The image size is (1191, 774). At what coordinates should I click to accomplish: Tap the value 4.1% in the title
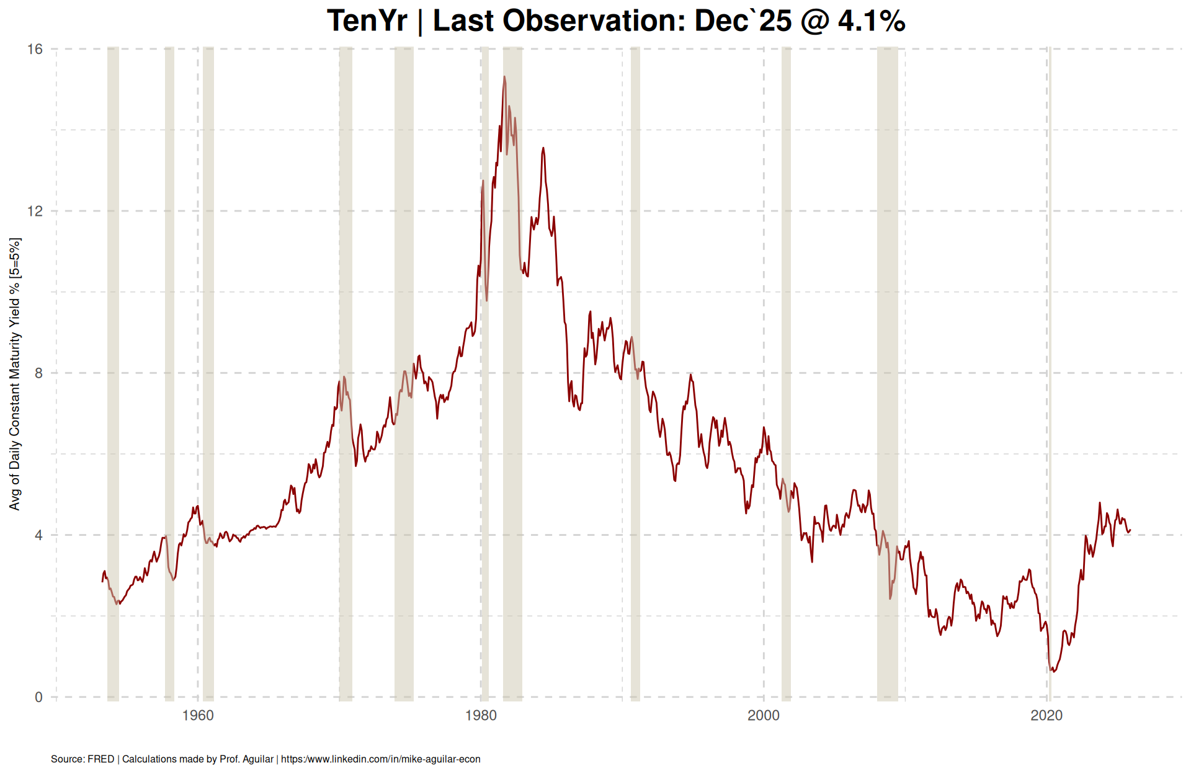(x=872, y=21)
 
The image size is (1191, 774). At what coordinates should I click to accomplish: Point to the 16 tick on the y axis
(x=35, y=49)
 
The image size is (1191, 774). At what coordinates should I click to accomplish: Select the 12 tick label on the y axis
(x=35, y=211)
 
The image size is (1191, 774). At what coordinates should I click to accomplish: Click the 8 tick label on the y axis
(x=39, y=373)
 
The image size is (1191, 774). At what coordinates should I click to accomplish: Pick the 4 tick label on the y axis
(x=39, y=535)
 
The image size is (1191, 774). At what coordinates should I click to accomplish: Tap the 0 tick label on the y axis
(x=39, y=697)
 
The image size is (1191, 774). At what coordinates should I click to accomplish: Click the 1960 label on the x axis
(x=198, y=716)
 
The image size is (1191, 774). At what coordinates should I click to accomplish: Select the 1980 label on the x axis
(x=481, y=716)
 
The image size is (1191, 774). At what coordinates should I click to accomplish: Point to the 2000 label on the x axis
(x=764, y=716)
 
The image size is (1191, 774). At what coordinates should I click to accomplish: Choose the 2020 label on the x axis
(x=1046, y=716)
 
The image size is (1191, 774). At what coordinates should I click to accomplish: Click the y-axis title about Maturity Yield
(x=15, y=373)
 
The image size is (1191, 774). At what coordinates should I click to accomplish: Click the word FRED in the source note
(x=100, y=759)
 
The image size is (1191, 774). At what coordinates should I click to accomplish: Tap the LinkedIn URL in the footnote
(x=380, y=759)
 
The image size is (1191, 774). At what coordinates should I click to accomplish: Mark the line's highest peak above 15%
(x=504, y=77)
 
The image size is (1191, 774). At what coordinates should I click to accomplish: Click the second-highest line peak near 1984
(x=543, y=148)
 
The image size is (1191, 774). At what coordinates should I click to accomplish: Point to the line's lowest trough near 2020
(x=1053, y=672)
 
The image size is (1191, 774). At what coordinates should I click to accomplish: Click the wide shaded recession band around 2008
(x=887, y=372)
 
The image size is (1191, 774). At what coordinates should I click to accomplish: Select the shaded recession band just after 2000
(x=786, y=372)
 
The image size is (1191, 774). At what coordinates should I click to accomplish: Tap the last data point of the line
(x=1130, y=530)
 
